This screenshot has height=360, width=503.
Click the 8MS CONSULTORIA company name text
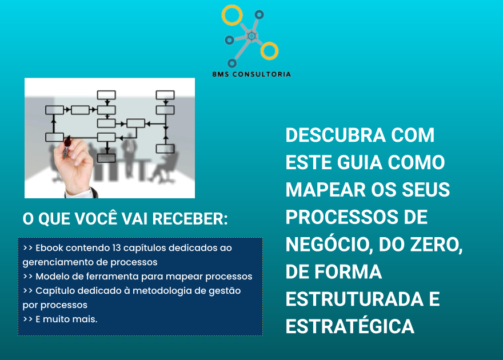coord(251,74)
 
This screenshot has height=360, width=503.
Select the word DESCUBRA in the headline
coord(336,135)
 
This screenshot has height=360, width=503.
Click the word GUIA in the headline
coord(360,162)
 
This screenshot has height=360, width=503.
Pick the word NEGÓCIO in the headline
coord(329,244)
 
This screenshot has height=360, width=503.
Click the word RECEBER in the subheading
coord(190,219)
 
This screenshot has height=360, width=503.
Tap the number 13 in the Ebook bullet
coord(117,248)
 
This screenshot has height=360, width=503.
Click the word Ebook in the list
coord(49,248)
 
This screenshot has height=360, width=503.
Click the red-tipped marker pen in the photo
coord(67,147)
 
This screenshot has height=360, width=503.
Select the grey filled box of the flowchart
coord(106,158)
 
